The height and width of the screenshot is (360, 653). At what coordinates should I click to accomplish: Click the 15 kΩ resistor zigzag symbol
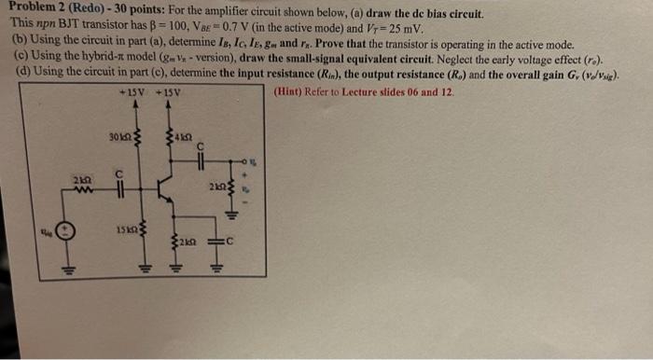[139, 228]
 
